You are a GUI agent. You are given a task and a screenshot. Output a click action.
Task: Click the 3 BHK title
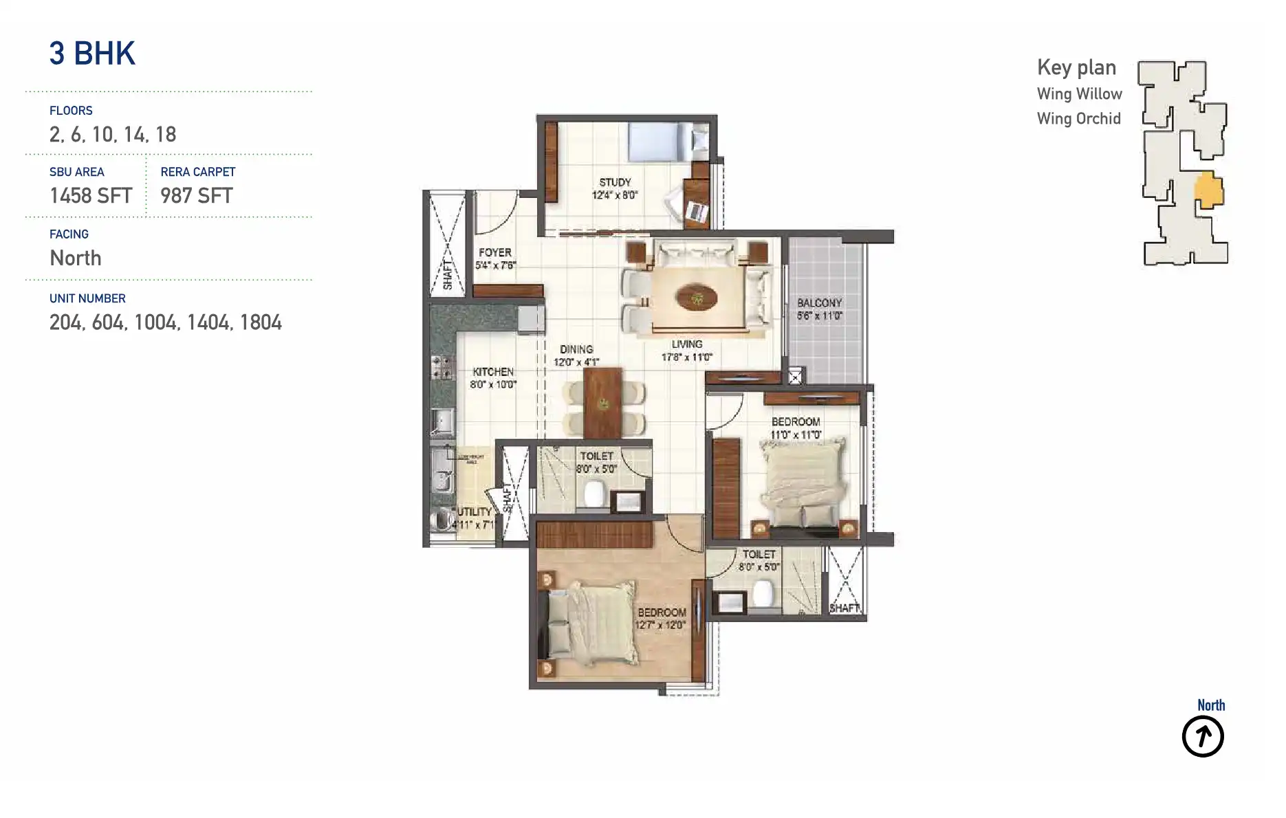tap(92, 54)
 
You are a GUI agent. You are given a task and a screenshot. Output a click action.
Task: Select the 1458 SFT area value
tap(90, 196)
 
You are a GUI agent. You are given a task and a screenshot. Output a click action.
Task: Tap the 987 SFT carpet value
tap(196, 196)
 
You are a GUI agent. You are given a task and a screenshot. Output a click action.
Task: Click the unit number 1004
tap(157, 322)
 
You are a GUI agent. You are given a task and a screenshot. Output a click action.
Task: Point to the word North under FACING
tap(76, 258)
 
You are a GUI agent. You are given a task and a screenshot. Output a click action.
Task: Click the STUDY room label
tap(615, 182)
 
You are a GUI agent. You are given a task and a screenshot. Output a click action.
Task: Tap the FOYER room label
tap(495, 252)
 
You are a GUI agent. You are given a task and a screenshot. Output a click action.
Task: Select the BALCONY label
tap(819, 302)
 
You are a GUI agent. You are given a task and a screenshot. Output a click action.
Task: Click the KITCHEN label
tap(492, 371)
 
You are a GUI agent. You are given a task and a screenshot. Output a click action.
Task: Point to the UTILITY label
tap(475, 511)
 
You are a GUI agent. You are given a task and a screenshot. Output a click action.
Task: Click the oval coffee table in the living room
tap(696, 298)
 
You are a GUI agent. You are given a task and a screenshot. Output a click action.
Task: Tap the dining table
tap(602, 403)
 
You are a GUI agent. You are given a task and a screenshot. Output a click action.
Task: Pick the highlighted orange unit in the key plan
tap(1208, 190)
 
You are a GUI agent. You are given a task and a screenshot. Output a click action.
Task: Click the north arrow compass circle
tap(1202, 737)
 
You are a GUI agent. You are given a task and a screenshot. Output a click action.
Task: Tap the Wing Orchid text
tap(1078, 119)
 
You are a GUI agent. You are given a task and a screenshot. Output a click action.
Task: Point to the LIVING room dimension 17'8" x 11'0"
tap(686, 357)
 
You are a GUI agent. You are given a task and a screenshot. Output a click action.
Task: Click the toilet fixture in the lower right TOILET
tap(763, 593)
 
